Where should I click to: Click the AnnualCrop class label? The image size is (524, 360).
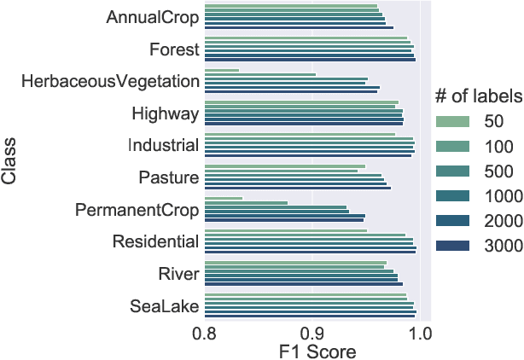(154, 17)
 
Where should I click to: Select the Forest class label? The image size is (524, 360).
(175, 49)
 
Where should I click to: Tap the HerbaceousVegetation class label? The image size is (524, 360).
(111, 81)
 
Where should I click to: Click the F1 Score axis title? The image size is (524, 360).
(312, 351)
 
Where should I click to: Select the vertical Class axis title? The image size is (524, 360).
(11, 162)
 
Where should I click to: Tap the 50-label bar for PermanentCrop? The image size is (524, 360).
(224, 198)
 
